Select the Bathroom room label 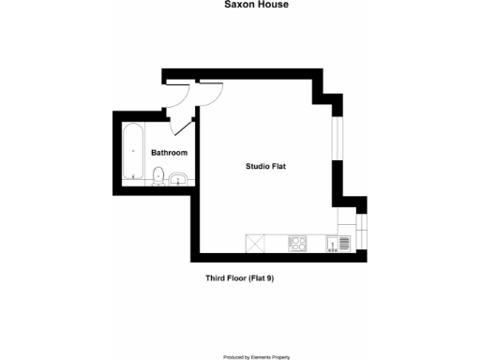[x=170, y=152]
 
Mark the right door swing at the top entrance [x=209, y=93]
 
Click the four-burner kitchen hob [x=299, y=244]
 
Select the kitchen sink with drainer [x=337, y=244]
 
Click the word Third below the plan [x=217, y=278]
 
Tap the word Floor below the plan [x=239, y=278]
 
